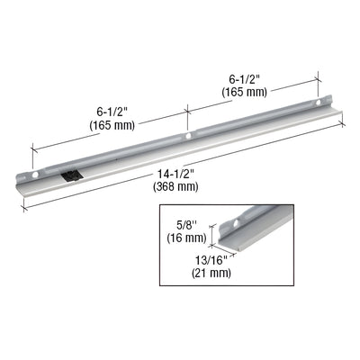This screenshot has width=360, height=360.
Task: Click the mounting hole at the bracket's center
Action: (188, 137)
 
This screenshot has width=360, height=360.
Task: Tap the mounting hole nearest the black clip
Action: (36, 171)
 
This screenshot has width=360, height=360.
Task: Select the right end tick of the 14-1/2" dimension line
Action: (342, 124)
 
